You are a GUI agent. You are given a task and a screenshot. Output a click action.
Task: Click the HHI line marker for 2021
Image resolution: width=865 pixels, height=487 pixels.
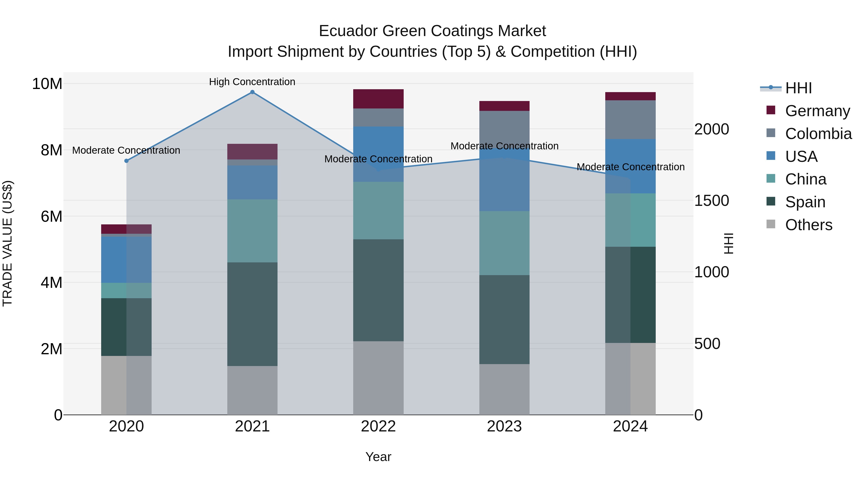252,92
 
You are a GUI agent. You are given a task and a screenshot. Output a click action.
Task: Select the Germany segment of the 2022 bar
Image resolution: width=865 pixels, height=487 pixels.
378,99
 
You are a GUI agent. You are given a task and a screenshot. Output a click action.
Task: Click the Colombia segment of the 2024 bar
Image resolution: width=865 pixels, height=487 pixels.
630,120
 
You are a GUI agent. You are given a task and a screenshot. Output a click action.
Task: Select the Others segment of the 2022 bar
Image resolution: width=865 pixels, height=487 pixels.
378,378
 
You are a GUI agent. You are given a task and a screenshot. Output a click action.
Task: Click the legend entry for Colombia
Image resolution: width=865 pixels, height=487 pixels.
818,134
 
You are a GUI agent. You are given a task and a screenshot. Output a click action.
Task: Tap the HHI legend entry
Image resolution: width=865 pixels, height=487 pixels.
798,88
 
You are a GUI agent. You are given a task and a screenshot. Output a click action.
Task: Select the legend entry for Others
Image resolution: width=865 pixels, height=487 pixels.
808,225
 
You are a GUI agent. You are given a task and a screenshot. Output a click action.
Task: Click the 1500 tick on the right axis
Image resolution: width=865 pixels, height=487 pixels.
711,201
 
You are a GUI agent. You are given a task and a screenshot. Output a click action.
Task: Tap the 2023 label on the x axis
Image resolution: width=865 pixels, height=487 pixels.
504,426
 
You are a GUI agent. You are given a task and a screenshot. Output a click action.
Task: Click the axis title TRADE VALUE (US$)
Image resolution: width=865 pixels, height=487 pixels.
7,243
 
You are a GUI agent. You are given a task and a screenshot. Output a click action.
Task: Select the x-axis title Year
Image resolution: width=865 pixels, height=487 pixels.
378,457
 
